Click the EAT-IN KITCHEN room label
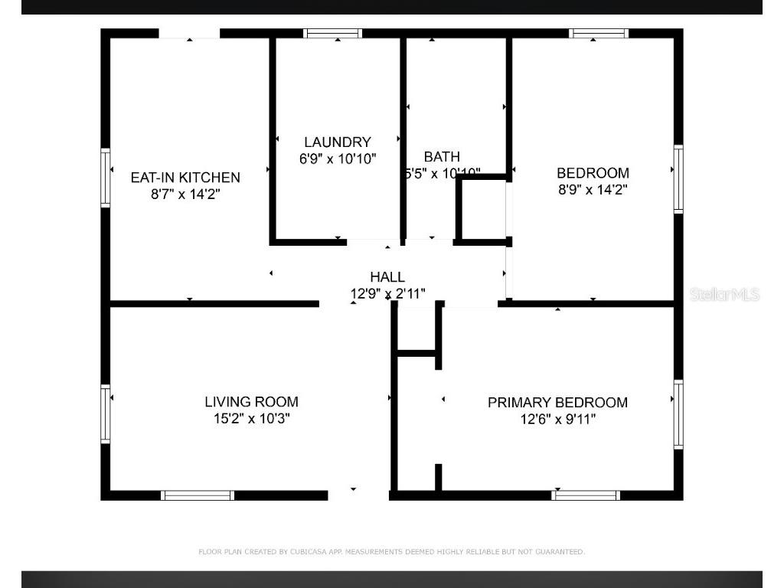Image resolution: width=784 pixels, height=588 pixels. pos(185,177)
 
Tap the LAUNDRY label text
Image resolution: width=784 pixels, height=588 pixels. pos(337,142)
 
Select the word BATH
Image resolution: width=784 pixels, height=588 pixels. pos(442,157)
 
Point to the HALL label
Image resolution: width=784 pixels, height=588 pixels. pos(387,276)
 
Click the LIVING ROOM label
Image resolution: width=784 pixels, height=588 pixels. pos(251,401)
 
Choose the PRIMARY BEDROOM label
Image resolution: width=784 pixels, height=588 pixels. pos(557,402)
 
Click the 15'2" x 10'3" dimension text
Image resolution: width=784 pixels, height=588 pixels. pos(251,419)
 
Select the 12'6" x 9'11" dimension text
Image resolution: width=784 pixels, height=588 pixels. pos(557,419)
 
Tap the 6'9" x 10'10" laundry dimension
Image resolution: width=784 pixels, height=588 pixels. pos(337,158)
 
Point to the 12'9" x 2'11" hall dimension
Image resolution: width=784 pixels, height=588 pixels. pos(387,292)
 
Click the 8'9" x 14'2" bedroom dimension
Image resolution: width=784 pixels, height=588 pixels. pos(593,189)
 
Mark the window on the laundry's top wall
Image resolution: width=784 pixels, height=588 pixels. pos(332,34)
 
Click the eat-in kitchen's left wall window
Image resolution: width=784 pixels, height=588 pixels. pos(106,178)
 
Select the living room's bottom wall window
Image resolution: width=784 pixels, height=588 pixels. pos(198,495)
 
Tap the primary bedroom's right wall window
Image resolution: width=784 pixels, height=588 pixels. pos(678,414)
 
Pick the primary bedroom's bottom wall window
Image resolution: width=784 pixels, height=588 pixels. pos(586,495)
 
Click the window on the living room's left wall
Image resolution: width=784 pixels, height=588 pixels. pos(106,414)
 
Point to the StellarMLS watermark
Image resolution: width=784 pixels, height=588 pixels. pos(724,294)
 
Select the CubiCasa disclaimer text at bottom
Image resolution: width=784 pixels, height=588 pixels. pos(391,551)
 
